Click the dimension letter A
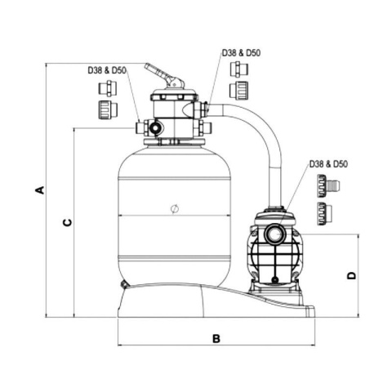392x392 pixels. pyautogui.click(x=38, y=190)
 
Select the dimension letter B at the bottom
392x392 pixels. pyautogui.click(x=216, y=338)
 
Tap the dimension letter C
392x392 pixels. pyautogui.click(x=68, y=220)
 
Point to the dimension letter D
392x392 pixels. pyautogui.click(x=352, y=276)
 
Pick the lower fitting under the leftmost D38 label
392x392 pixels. pyautogui.click(x=105, y=109)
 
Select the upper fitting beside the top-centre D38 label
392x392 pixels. pyautogui.click(x=240, y=69)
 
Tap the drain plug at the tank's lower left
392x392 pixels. pyautogui.click(x=124, y=283)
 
